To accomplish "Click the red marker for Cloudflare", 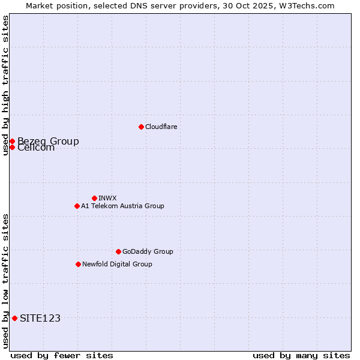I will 141,127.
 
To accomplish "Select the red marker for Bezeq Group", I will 12,141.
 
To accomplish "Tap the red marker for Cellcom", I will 12,147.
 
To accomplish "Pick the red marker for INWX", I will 94,198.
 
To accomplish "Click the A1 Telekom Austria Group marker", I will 77,206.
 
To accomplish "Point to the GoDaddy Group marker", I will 118,251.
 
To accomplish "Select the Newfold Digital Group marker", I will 78,264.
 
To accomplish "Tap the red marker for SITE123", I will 14,318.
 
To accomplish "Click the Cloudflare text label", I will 161,127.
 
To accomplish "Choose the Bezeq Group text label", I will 48,141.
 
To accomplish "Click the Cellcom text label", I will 36,148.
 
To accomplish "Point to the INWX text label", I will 107,198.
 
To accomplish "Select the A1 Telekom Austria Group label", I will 122,206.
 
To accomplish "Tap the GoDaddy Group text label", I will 148,251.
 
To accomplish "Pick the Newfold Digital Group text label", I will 117,264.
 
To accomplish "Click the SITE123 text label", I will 40,318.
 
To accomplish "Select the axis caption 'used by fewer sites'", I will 62,355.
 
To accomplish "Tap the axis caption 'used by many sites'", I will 301,355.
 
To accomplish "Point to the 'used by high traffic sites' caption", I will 5,85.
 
